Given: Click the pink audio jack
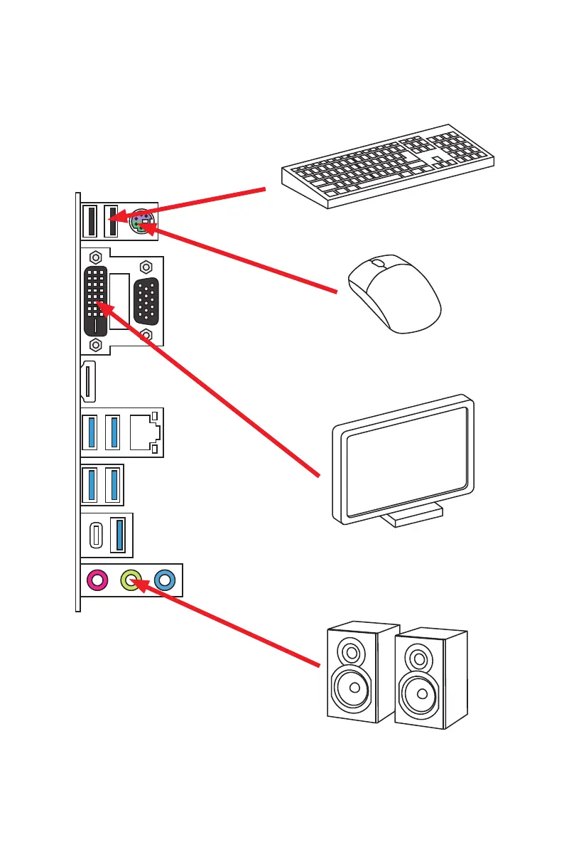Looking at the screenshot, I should click(97, 580).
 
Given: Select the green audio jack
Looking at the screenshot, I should click(131, 580).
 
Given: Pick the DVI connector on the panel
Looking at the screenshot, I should click(97, 301).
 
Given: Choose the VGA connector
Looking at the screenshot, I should click(146, 300).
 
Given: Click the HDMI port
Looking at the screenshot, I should click(88, 382).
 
